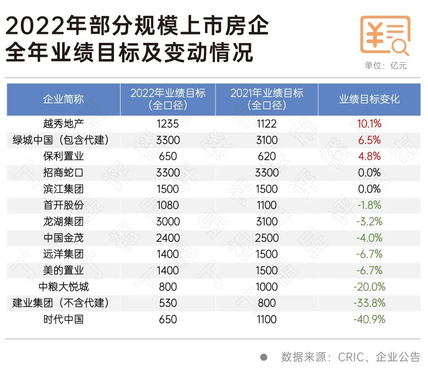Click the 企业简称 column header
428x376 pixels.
(x=63, y=99)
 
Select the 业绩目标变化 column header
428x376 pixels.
(x=369, y=99)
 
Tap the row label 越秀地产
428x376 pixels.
(x=63, y=124)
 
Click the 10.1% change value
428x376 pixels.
(x=369, y=124)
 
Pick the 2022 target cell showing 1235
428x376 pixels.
(x=168, y=124)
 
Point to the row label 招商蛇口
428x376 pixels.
(x=63, y=173)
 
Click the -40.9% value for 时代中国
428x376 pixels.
(x=369, y=319)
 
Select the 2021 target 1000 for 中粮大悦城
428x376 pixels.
(x=267, y=287)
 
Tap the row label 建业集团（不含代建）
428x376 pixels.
(x=60, y=303)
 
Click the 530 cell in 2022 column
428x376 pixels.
(x=168, y=303)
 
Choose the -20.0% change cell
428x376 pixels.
(x=369, y=287)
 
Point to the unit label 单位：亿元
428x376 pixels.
(x=386, y=66)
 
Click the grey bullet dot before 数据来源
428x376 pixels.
(x=264, y=357)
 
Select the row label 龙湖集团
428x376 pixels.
(x=63, y=222)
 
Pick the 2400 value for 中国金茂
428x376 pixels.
(x=168, y=238)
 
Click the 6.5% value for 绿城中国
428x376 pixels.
(x=369, y=140)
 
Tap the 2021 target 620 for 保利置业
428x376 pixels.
(x=267, y=156)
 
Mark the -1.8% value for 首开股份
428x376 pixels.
(x=369, y=205)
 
